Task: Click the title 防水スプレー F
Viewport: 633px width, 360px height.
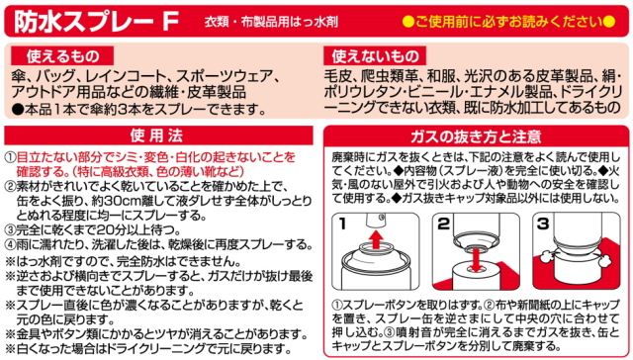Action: tap(96, 21)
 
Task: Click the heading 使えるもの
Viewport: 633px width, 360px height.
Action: tap(62, 56)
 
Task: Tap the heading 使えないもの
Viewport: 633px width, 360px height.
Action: tap(375, 56)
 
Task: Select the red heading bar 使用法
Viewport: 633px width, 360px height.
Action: tap(158, 135)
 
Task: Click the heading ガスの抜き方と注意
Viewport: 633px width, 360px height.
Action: tap(476, 136)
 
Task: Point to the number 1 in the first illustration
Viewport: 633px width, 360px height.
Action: tap(343, 224)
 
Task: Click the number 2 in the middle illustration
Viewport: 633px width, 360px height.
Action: tap(444, 224)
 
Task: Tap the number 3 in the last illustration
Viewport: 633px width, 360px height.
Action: tap(543, 224)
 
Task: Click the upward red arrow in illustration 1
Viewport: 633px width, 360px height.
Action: tap(376, 239)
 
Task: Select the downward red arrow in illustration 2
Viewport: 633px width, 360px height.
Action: tap(477, 260)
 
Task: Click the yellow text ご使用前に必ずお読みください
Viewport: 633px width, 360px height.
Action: tap(509, 22)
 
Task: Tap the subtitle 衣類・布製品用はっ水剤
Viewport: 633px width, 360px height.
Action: tap(271, 22)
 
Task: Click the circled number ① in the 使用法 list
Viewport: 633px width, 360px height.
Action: tap(10, 157)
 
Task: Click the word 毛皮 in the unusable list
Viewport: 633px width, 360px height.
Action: tap(337, 75)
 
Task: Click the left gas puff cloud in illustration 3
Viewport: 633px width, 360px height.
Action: tap(545, 256)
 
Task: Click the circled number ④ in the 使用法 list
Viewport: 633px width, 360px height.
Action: tap(10, 244)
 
